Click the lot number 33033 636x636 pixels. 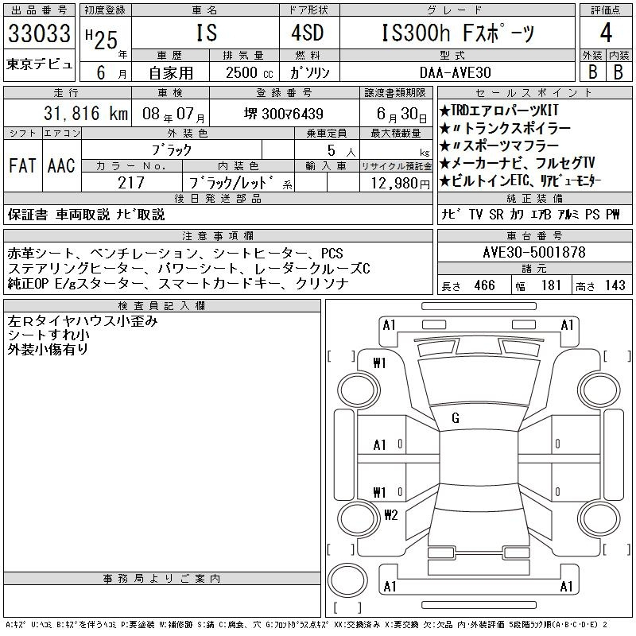coord(39,33)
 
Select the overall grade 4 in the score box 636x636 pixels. coord(606,33)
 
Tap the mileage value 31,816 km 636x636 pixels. coord(86,113)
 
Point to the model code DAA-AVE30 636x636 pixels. coord(456,72)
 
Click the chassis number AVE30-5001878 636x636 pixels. coord(534,252)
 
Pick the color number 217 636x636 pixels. coord(131,183)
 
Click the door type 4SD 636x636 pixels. coord(308,33)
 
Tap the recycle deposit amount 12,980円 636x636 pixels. coord(401,184)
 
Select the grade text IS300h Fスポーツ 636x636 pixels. coord(458,33)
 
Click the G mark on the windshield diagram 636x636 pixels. coord(456,418)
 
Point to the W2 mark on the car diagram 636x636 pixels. coord(391,514)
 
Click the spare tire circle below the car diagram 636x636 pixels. coord(347,580)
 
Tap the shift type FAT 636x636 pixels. coord(22,165)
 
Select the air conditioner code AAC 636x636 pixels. coord(61,165)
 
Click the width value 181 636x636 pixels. coord(551,285)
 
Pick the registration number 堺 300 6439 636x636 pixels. coord(284,114)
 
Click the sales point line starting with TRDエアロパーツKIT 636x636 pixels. coord(499,111)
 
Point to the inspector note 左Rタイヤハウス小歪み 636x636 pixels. coord(83,321)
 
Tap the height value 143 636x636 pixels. coord(615,285)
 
